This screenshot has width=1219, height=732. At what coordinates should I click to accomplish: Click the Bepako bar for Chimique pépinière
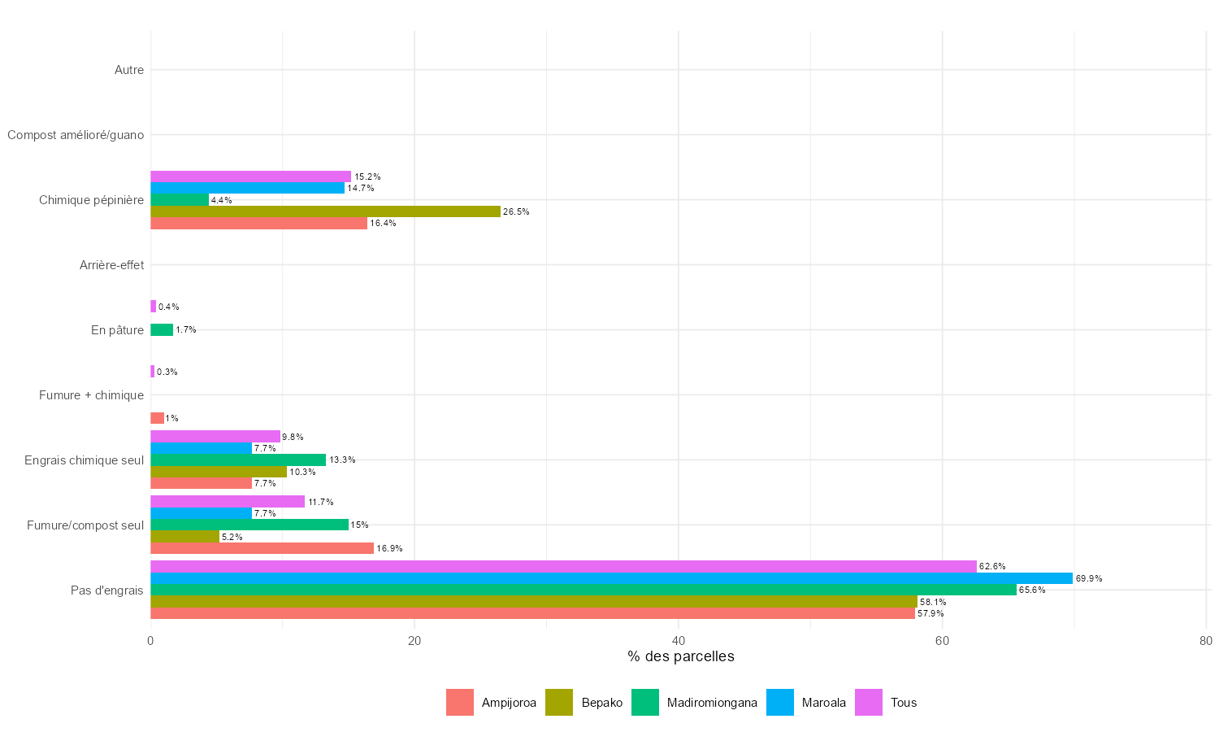tap(325, 211)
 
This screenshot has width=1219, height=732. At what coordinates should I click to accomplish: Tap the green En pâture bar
tap(162, 330)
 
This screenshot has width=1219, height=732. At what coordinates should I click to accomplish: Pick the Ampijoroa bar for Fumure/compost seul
tap(262, 548)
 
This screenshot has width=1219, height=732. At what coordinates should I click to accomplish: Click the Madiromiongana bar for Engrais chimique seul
tap(238, 460)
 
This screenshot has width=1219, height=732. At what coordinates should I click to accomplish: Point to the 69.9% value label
tap(1089, 579)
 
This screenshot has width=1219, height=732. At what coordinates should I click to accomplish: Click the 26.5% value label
tap(516, 212)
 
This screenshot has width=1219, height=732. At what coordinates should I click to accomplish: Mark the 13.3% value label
tap(342, 460)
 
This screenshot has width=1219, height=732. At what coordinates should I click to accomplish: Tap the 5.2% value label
tap(232, 538)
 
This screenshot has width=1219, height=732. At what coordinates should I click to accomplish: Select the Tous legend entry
tap(903, 703)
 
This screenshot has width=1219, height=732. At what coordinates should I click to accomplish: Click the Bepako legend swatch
tap(559, 703)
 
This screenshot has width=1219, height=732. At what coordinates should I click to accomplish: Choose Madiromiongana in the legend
tap(711, 703)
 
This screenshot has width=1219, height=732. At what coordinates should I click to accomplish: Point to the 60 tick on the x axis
tap(942, 641)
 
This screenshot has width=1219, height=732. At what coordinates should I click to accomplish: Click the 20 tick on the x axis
tap(414, 641)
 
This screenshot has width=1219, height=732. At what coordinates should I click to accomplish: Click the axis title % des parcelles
tap(680, 656)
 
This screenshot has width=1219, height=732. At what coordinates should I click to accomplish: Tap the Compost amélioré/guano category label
tap(76, 135)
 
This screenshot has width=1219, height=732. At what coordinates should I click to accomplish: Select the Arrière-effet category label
tap(111, 265)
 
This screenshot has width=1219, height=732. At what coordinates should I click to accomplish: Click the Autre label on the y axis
tap(129, 70)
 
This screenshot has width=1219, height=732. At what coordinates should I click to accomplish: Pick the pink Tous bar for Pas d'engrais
tap(563, 566)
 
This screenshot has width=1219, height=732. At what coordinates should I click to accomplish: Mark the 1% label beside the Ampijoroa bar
tap(171, 419)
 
